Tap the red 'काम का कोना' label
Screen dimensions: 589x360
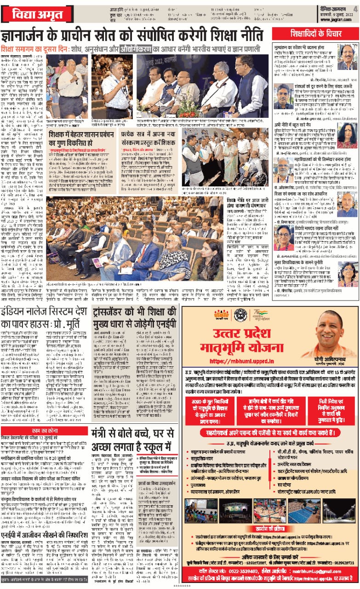(x=43, y=429)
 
